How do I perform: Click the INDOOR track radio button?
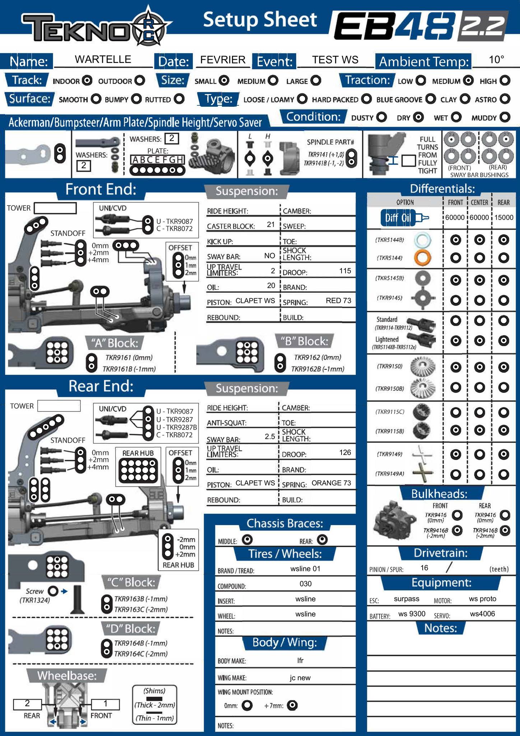coord(87,81)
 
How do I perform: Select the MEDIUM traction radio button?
coord(468,81)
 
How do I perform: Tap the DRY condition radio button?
coord(418,118)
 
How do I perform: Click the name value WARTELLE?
coord(103,59)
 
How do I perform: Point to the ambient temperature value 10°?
coord(496,60)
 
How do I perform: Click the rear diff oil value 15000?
coord(503,217)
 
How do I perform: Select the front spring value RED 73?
coord(338,300)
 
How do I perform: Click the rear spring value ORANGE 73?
coord(331,483)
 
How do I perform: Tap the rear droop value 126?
coord(345,452)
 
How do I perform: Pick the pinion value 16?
coord(424,568)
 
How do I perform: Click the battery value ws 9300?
coord(412,614)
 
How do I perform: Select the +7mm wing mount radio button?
coord(293,705)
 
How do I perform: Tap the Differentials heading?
coord(442,189)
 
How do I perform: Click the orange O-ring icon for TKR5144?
coord(422,258)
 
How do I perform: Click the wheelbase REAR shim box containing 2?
coord(27,703)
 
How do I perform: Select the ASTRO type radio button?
coord(505,99)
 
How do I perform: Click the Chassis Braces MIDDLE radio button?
coord(247,539)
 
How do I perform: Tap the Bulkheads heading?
coord(439,494)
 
